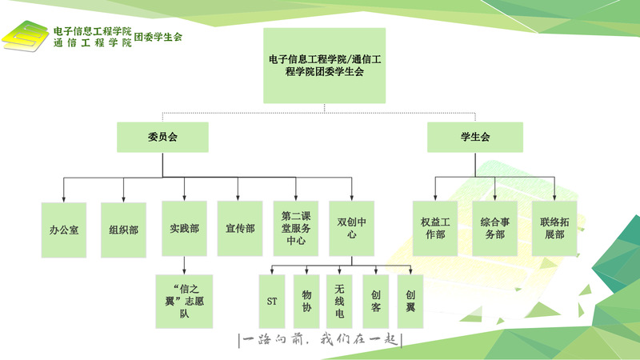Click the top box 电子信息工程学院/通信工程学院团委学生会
point(324,66)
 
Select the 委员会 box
point(162,137)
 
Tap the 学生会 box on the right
point(474,137)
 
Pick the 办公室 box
point(64,230)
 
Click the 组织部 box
point(123,230)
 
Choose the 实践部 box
point(184,229)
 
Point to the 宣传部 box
point(240,229)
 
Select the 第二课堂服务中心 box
point(296,229)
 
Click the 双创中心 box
point(352,229)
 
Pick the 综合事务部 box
point(495,229)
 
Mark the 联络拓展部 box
point(554,229)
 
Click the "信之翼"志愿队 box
point(184,302)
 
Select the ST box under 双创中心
point(271,302)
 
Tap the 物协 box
point(306,302)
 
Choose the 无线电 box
point(340,302)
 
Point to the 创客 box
point(375,302)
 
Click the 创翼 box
point(410,302)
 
